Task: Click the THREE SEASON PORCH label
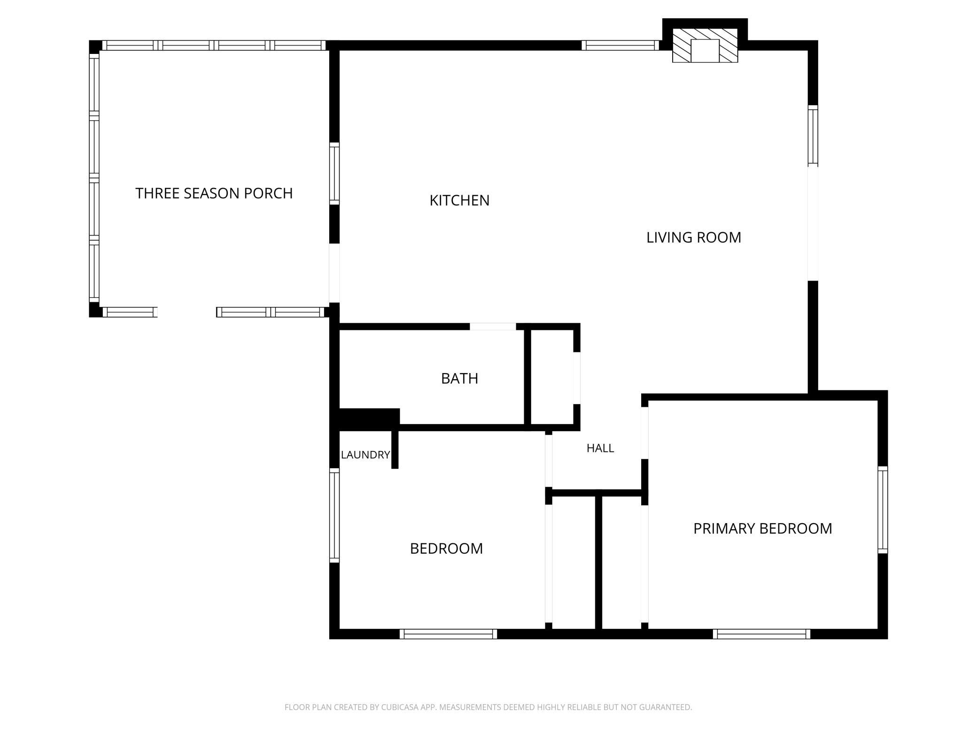coord(214,193)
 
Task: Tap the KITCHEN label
coord(459,200)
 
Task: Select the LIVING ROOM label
coord(694,237)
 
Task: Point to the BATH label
coord(459,378)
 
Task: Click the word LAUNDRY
coord(365,455)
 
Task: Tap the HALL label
coord(600,448)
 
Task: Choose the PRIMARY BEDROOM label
coord(763,528)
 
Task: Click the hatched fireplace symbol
coord(705,45)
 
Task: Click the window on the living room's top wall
coord(620,45)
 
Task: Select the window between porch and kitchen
coord(334,174)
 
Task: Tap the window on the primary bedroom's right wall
coord(883,510)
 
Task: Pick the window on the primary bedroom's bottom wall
coord(761,634)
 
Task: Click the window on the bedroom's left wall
coord(334,515)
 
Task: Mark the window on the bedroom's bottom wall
coord(448,634)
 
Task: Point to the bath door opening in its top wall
coord(493,327)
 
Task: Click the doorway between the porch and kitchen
coord(334,273)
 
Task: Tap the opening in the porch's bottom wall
coord(186,312)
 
